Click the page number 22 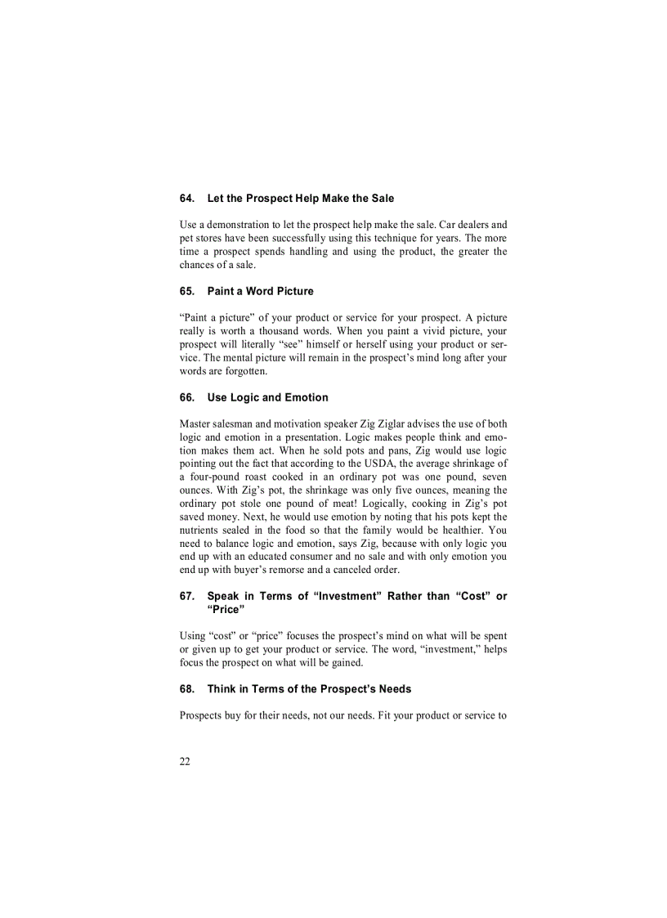point(185,762)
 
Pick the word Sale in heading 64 point(381,199)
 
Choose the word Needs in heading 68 point(395,689)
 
